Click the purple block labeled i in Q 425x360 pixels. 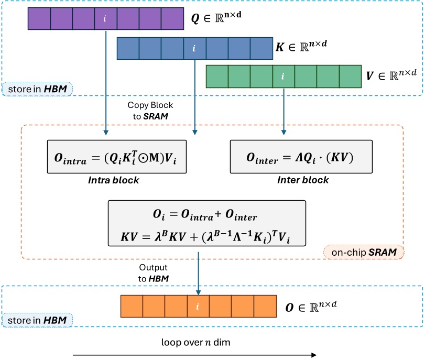[105, 19]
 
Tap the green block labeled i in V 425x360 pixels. [284, 77]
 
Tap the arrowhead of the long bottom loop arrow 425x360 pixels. [313, 355]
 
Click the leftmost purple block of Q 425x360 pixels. [39, 19]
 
